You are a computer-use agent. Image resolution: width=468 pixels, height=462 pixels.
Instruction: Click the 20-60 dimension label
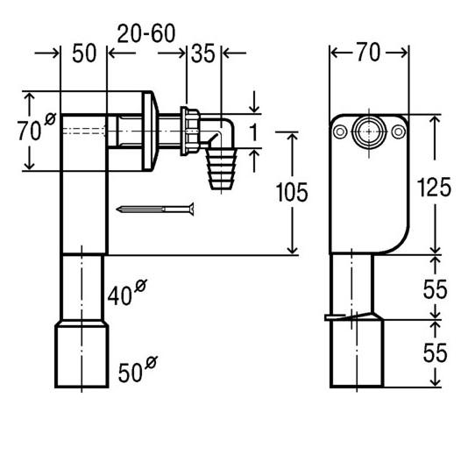pos(146,33)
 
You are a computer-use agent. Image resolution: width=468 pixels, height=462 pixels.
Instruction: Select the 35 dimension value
pos(203,53)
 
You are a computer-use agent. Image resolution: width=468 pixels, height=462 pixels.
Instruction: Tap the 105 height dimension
pos(292,193)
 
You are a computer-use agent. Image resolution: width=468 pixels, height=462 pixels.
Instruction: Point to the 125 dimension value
pos(434,188)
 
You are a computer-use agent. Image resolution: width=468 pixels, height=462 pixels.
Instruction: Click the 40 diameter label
pos(127,293)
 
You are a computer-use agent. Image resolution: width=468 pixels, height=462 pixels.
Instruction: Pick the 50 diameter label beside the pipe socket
pos(138,369)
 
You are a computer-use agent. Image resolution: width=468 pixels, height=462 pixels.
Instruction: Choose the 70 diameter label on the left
pos(37,127)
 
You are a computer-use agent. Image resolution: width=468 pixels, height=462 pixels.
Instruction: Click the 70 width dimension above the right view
pos(369,53)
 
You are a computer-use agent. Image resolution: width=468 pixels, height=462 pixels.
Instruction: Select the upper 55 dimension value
pos(435,289)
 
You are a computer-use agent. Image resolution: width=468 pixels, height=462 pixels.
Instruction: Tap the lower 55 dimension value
pos(435,352)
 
